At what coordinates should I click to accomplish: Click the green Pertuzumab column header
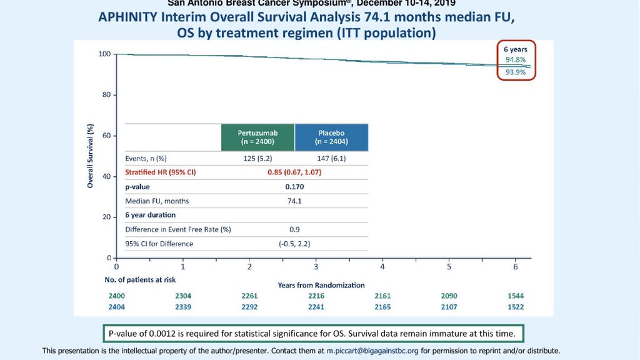(257, 137)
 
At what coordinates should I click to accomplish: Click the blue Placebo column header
(331, 137)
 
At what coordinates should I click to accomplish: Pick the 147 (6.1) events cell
(331, 158)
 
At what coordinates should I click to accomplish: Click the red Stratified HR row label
(161, 172)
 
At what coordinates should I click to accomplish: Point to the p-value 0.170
(294, 186)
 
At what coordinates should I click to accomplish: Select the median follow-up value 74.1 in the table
(294, 201)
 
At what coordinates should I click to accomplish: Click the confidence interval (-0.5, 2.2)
(294, 243)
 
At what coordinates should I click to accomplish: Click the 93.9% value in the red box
(516, 72)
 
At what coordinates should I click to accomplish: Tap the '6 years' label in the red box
(516, 49)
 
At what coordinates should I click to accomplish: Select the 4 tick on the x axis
(382, 266)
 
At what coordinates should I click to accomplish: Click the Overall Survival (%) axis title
(90, 156)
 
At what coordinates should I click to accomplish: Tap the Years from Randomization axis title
(321, 285)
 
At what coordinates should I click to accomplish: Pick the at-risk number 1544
(516, 296)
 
